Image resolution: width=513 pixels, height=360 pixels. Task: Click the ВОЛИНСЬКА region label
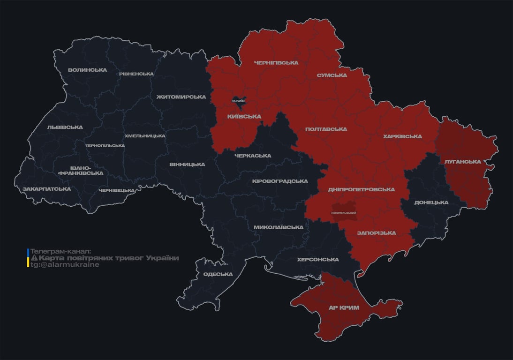pos(87,70)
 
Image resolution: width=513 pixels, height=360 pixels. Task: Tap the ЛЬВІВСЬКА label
pos(65,127)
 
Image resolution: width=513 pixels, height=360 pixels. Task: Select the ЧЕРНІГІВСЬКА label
pos(276,62)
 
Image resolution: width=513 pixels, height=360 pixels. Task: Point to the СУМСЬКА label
pos(332,75)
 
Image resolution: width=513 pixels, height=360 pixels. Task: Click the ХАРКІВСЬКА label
pos(402,136)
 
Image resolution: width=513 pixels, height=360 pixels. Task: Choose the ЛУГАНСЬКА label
pos(463,161)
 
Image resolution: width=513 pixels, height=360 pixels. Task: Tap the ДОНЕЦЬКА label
pos(431,202)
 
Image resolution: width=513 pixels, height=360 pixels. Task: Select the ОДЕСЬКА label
pos(218,274)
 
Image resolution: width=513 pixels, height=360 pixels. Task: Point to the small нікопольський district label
pos(343,213)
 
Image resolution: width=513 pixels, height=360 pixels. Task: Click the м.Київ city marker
pos(238,100)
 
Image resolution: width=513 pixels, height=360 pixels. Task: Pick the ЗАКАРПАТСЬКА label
pos(46,189)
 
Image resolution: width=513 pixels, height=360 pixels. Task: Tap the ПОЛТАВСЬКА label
pos(326,129)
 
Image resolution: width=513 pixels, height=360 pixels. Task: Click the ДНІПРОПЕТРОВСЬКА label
pos(361,189)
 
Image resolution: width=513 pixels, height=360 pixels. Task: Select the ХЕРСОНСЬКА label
pos(318,259)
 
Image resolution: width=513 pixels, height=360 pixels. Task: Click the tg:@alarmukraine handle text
pos(65,264)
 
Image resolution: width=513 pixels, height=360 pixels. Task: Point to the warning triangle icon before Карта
pos(34,258)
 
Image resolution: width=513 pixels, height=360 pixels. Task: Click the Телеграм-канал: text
pos(61,251)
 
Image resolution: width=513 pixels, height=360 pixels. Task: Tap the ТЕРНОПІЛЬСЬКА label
pos(105,145)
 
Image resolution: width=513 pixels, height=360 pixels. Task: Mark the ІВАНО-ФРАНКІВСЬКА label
pos(80,170)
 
